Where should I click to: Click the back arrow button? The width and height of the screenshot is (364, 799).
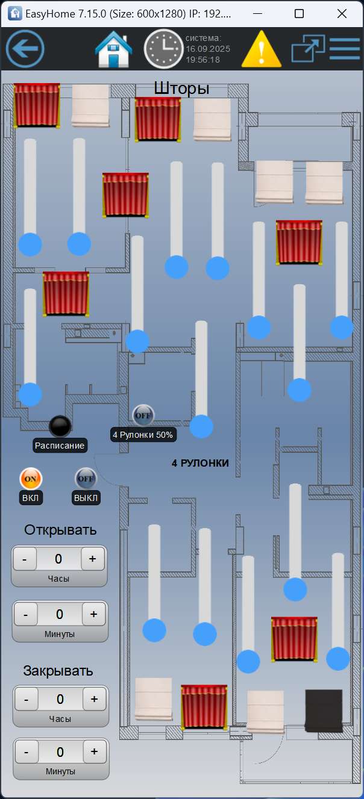click(x=25, y=49)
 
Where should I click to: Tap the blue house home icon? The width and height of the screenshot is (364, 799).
click(x=114, y=49)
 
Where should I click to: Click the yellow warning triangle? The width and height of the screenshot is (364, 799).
click(x=261, y=50)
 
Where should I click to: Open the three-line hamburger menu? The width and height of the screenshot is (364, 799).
click(x=344, y=49)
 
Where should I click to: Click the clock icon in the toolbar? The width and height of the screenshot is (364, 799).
click(x=163, y=49)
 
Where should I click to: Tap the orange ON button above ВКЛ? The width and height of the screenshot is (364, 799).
click(x=31, y=479)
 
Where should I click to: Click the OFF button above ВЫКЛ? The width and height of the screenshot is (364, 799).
click(x=86, y=479)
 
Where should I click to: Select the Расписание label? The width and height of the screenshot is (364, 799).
click(x=60, y=446)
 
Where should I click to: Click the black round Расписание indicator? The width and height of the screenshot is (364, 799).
click(x=60, y=426)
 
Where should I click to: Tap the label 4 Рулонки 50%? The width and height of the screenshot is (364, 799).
click(x=143, y=434)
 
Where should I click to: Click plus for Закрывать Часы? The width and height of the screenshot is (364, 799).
click(x=94, y=699)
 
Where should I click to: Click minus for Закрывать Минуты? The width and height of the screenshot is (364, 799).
click(x=26, y=751)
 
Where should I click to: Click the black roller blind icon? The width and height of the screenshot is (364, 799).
click(x=324, y=710)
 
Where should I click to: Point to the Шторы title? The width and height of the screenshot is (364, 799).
click(x=181, y=89)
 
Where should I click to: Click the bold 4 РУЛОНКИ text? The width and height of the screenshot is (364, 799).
click(x=200, y=463)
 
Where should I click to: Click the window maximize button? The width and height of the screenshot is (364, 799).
click(x=300, y=13)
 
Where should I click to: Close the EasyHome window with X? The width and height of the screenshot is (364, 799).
click(x=342, y=13)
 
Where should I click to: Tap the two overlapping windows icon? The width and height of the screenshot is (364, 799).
click(x=307, y=49)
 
